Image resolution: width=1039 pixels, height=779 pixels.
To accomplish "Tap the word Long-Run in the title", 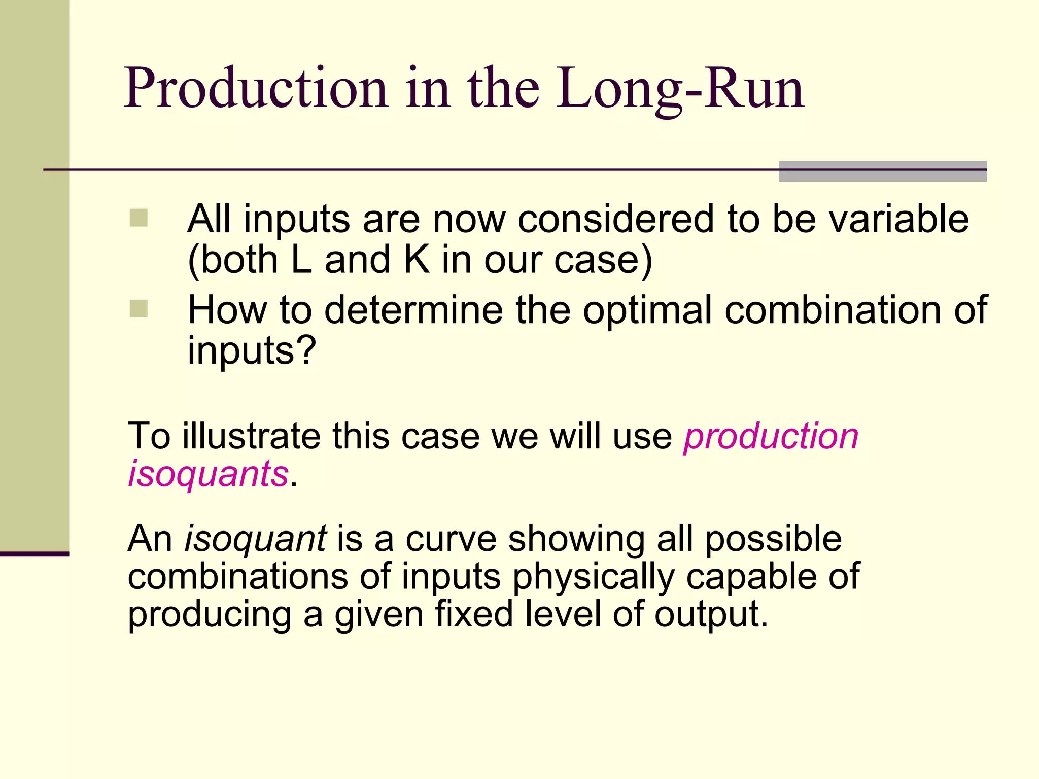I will click(x=680, y=89).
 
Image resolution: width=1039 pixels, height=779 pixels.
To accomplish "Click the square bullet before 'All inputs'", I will click(x=138, y=218).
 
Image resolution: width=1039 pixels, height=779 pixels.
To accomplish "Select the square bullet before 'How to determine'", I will click(x=138, y=308).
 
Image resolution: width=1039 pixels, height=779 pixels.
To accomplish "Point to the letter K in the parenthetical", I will click(x=417, y=260).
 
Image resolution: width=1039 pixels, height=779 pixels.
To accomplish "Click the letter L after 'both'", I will click(x=302, y=260).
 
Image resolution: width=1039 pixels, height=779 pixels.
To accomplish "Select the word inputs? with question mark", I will click(x=252, y=351).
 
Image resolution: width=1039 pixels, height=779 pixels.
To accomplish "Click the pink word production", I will click(x=771, y=436).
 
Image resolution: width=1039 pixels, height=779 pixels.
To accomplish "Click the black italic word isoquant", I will click(x=255, y=539).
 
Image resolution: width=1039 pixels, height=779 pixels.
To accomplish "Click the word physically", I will click(x=594, y=577).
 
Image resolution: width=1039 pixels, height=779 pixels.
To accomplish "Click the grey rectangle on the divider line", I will click(x=883, y=171).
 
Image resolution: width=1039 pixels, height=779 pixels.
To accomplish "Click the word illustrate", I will click(x=251, y=436).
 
